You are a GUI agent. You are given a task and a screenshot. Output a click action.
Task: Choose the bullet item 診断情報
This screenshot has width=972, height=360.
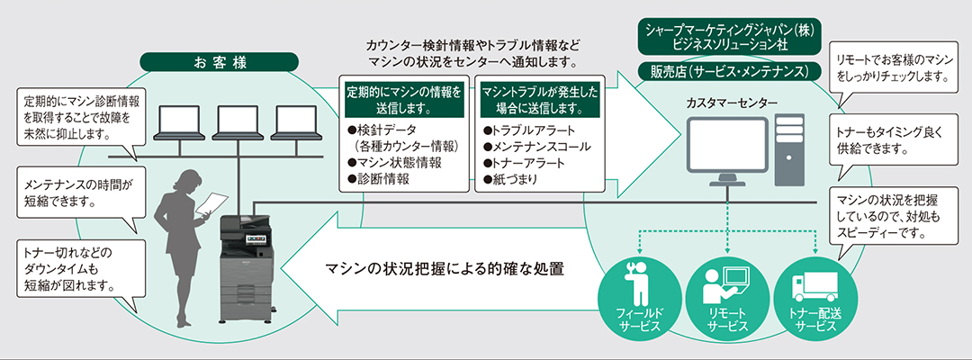coord(379,179)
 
